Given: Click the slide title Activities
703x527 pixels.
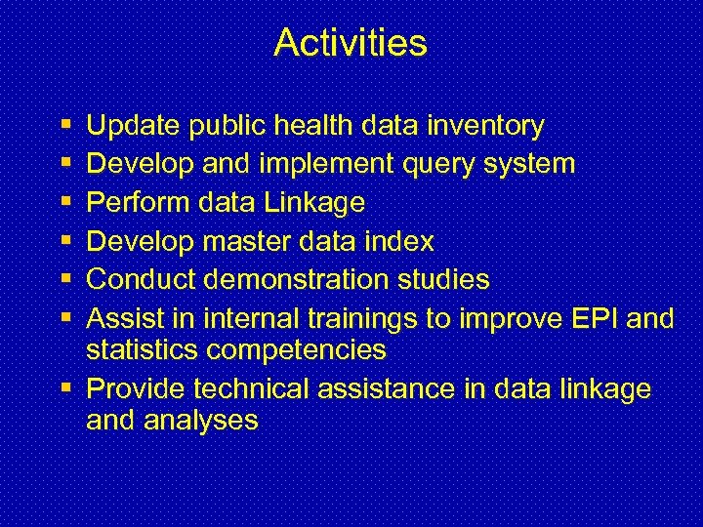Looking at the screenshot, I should pyautogui.click(x=351, y=43).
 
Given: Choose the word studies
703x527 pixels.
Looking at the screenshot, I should pyautogui.click(x=446, y=280).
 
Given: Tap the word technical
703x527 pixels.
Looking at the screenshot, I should pyautogui.click(x=254, y=389).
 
